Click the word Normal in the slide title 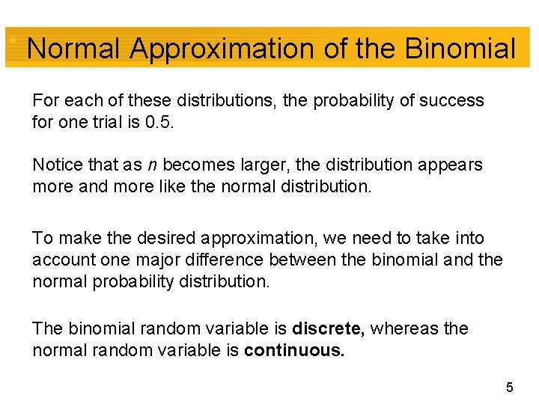73,49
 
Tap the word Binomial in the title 460,49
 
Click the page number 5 509,388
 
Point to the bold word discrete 329,328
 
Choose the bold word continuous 295,350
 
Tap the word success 454,100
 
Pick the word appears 452,165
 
